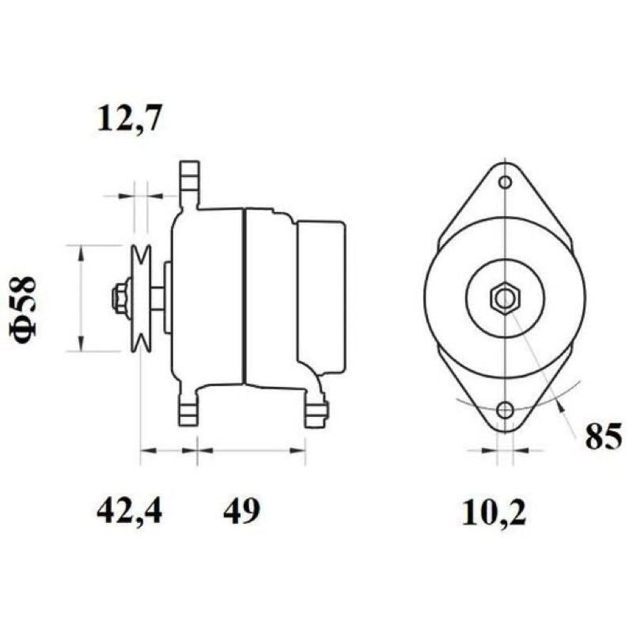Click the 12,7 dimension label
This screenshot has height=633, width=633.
click(129, 118)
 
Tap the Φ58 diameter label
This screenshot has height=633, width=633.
click(23, 307)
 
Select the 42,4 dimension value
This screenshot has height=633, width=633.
click(129, 510)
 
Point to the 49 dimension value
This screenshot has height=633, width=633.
click(242, 510)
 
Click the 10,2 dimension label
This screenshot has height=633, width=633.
click(494, 512)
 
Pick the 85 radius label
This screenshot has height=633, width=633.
click(604, 437)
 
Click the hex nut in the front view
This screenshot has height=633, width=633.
click(505, 298)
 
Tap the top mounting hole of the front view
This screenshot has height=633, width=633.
click(505, 183)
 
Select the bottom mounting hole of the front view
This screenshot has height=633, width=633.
click(505, 410)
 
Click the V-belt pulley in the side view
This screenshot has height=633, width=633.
click(141, 298)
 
